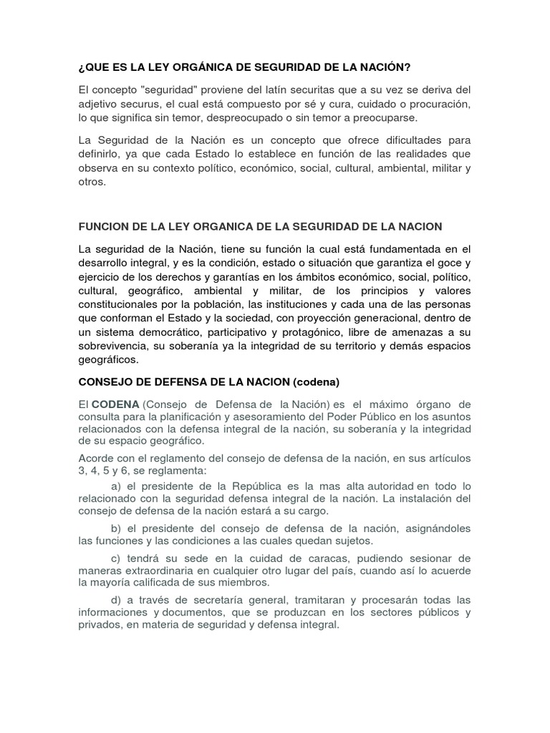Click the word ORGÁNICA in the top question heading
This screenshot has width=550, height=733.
click(196, 68)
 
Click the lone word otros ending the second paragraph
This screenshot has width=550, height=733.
click(91, 182)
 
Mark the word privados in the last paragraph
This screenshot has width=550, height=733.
click(100, 626)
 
